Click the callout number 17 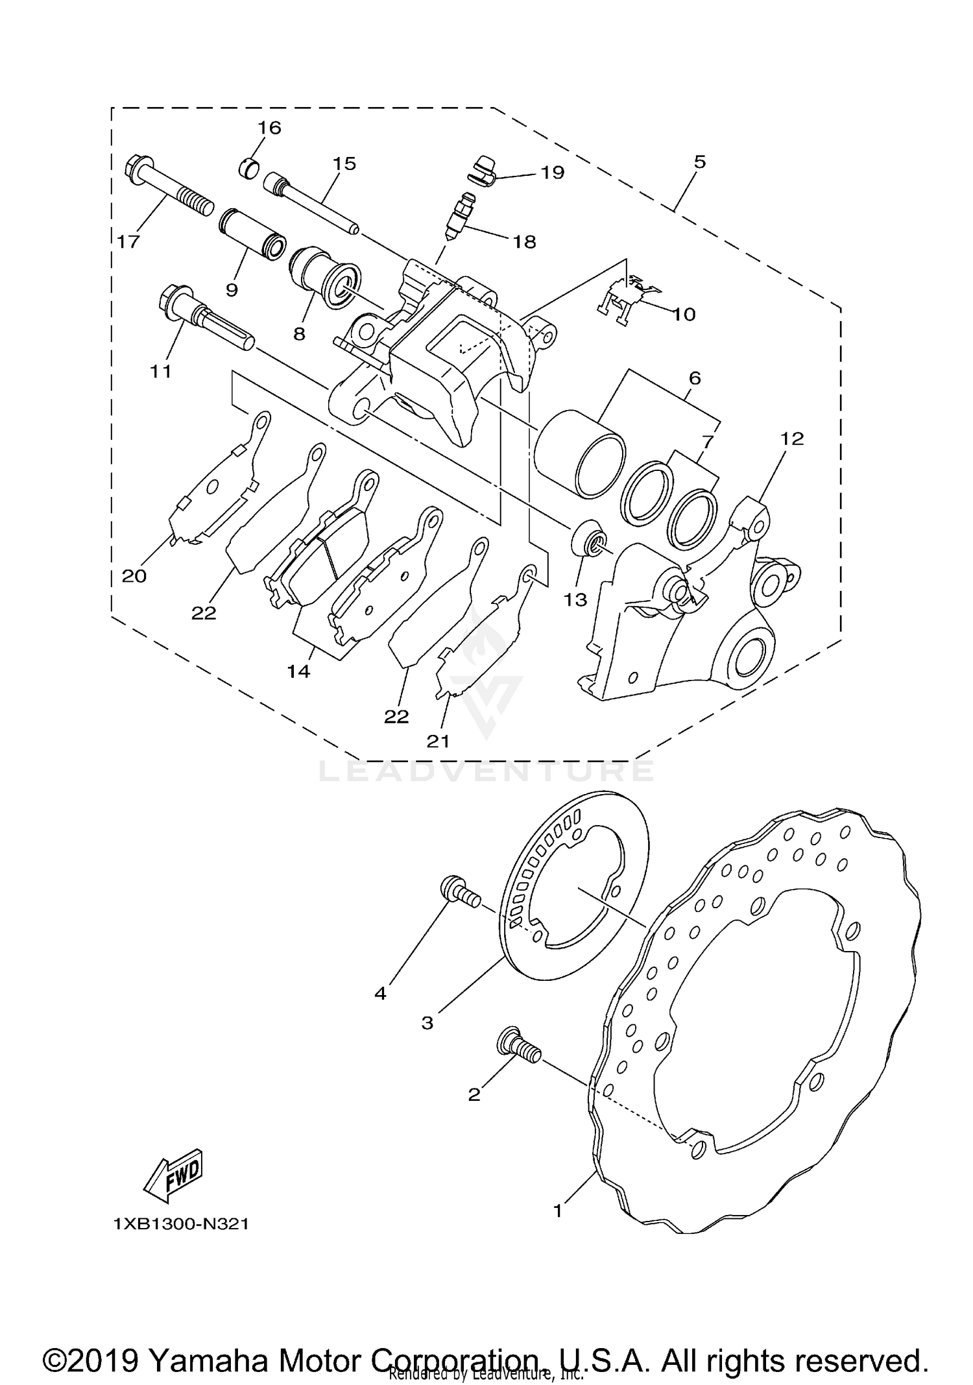128,242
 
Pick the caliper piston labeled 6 579,453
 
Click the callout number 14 299,671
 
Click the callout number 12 791,439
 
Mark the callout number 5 699,162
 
